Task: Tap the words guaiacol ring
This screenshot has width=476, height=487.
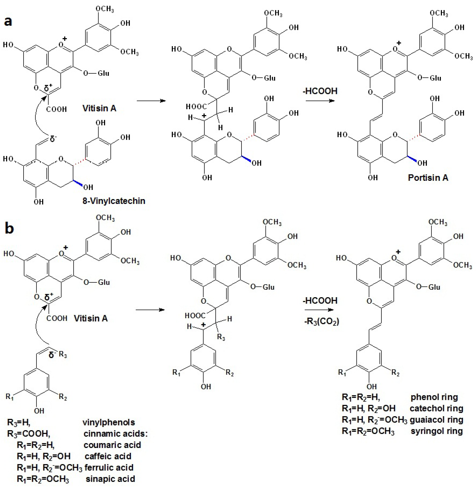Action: [x=436, y=420]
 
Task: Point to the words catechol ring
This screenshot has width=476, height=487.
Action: [x=436, y=408]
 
